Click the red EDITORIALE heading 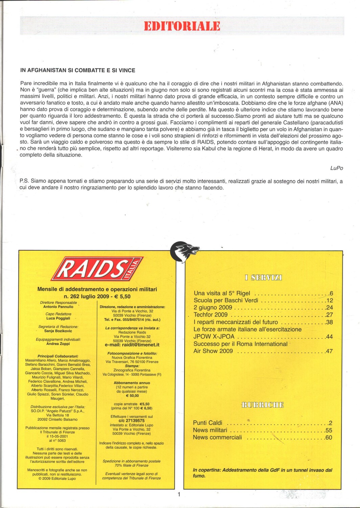(182, 26)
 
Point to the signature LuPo (336, 168)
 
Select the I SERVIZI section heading (263, 278)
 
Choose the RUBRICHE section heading (263, 405)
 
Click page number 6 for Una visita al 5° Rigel (331, 294)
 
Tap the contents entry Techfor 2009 (210, 315)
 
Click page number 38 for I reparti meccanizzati (329, 322)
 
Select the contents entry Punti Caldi (208, 423)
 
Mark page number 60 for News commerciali (329, 438)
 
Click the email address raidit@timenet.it (132, 345)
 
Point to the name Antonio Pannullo (58, 307)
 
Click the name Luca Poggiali (58, 318)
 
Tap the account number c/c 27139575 (132, 421)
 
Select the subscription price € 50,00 (132, 396)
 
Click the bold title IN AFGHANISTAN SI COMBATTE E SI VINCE (78, 70)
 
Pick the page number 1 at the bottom (179, 494)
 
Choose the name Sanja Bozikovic (58, 331)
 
